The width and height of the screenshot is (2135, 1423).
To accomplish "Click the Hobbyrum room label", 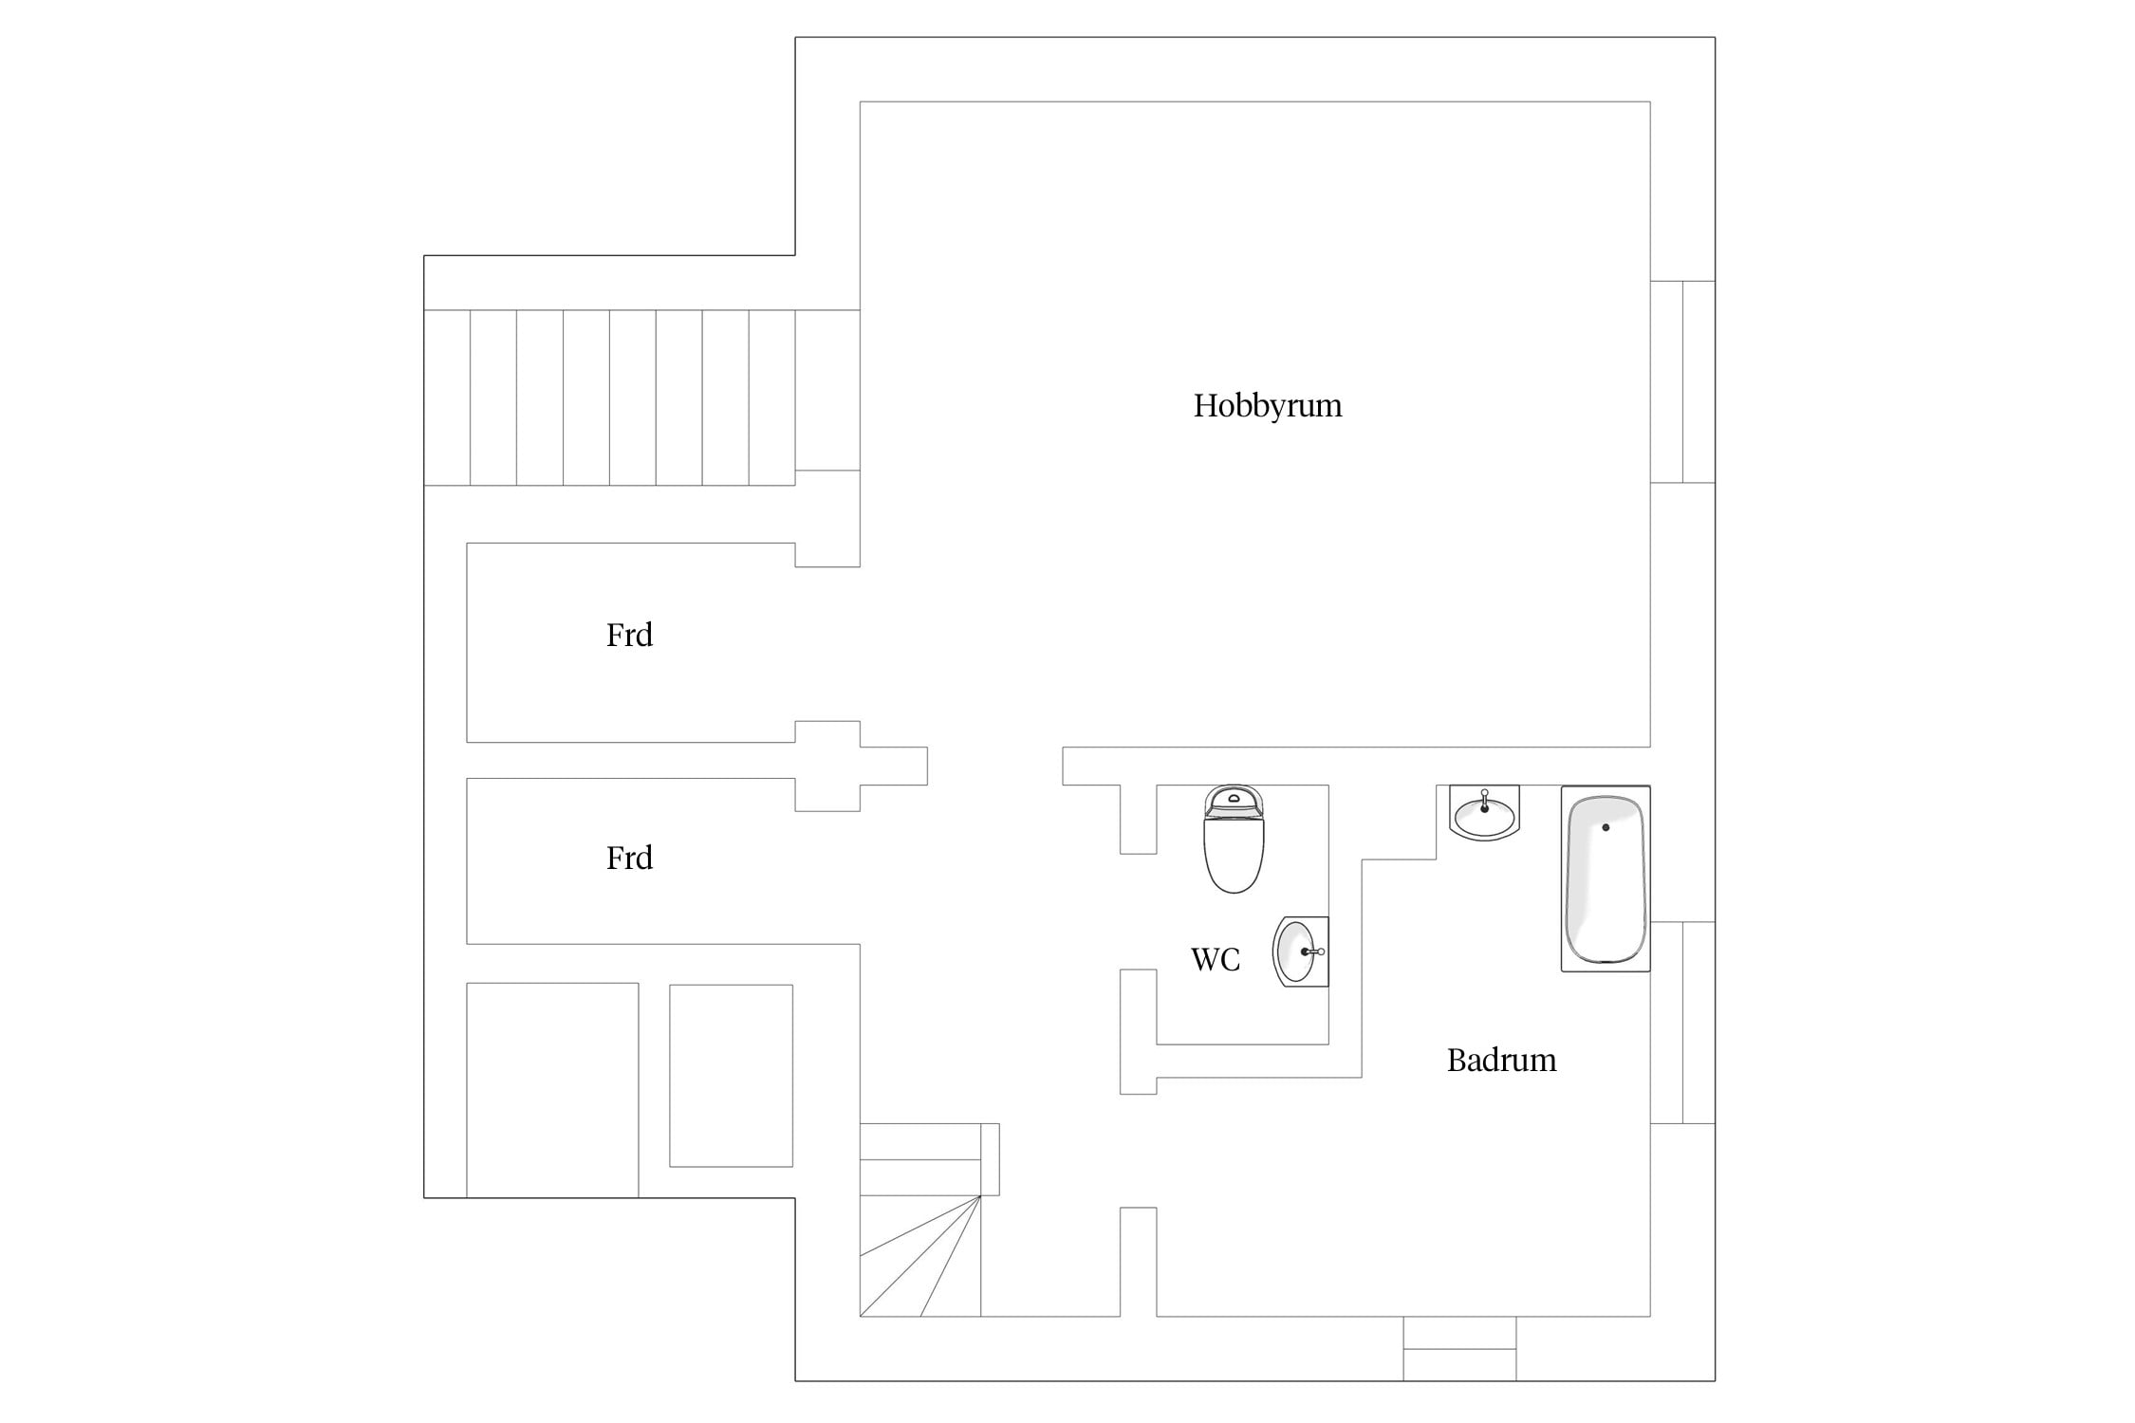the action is pyautogui.click(x=1268, y=406).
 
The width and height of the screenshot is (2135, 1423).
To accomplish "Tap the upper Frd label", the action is pyautogui.click(x=629, y=635).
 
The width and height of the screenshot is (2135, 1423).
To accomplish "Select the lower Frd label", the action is pyautogui.click(x=629, y=858).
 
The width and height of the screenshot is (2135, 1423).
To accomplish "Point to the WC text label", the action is pyautogui.click(x=1216, y=959).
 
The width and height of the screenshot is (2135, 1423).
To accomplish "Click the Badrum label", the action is pyautogui.click(x=1501, y=1060).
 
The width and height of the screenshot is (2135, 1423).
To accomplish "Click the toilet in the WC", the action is pyautogui.click(x=1234, y=839).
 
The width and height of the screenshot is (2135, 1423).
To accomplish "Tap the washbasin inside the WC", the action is pyautogui.click(x=1301, y=952).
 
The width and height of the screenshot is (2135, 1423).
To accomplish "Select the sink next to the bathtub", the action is pyautogui.click(x=1485, y=813).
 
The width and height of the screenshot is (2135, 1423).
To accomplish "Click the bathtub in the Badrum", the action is pyautogui.click(x=1606, y=878).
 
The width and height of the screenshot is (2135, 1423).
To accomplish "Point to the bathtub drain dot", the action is pyautogui.click(x=1606, y=827).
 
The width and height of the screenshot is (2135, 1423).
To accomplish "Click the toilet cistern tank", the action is pyautogui.click(x=1234, y=802).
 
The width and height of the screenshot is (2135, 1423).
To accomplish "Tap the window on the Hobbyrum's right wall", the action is pyautogui.click(x=1682, y=381).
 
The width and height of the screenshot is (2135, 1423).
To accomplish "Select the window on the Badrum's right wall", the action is pyautogui.click(x=1682, y=1023).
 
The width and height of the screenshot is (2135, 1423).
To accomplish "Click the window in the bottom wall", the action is pyautogui.click(x=1459, y=1348).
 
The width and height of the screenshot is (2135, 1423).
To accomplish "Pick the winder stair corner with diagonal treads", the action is pyautogui.click(x=919, y=1256).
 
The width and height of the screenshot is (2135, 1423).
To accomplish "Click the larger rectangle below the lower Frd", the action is pyautogui.click(x=552, y=1090).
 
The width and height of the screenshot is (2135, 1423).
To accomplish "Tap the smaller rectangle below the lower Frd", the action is pyautogui.click(x=731, y=1076).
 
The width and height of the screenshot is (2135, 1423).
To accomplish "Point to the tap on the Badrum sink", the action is pyautogui.click(x=1485, y=801).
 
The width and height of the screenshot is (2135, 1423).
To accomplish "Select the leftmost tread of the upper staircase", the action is pyautogui.click(x=447, y=397).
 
